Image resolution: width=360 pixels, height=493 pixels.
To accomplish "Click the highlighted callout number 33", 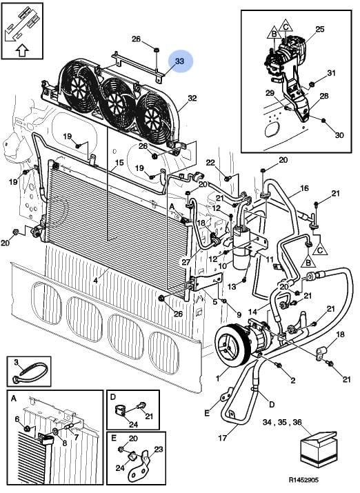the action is click(x=179, y=61).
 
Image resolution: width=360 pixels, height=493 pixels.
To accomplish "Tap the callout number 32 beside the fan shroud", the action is click(x=192, y=98).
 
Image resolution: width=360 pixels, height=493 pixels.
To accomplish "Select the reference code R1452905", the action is click(x=303, y=480).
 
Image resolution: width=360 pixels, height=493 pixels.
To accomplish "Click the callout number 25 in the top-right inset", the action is click(x=320, y=30).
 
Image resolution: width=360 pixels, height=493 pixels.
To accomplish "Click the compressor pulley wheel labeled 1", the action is click(x=230, y=346).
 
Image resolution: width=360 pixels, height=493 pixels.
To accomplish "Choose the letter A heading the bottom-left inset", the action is click(x=14, y=399).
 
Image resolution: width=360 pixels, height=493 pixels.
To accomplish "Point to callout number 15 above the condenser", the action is click(x=119, y=163).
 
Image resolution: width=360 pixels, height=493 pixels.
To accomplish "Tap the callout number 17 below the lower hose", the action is click(x=222, y=437).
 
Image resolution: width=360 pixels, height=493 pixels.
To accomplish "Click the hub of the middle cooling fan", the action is click(x=114, y=102).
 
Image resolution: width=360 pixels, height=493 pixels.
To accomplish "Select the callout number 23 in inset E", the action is click(x=159, y=449).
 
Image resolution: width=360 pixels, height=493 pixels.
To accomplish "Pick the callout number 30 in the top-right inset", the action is click(x=339, y=135).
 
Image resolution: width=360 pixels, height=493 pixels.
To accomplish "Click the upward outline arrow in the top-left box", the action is click(x=22, y=50).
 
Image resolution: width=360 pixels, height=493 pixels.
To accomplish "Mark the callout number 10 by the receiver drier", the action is click(x=222, y=266).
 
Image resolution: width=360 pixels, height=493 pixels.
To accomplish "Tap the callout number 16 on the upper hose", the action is click(x=304, y=188).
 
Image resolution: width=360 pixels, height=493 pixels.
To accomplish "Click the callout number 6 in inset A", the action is click(x=17, y=419).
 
